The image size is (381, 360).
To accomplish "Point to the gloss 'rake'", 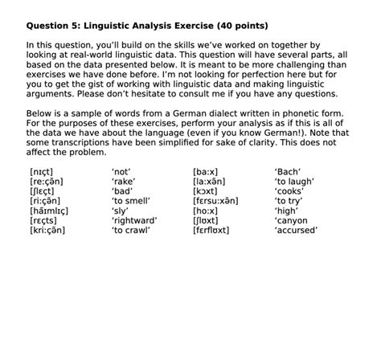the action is [x=123, y=181].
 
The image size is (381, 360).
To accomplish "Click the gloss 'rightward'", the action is [x=134, y=219].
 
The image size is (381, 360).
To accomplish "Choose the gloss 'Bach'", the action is [x=287, y=171].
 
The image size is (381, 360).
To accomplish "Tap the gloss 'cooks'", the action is [x=289, y=190].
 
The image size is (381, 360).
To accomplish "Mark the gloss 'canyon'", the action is [x=291, y=219].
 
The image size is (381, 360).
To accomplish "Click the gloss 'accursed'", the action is [x=296, y=229].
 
